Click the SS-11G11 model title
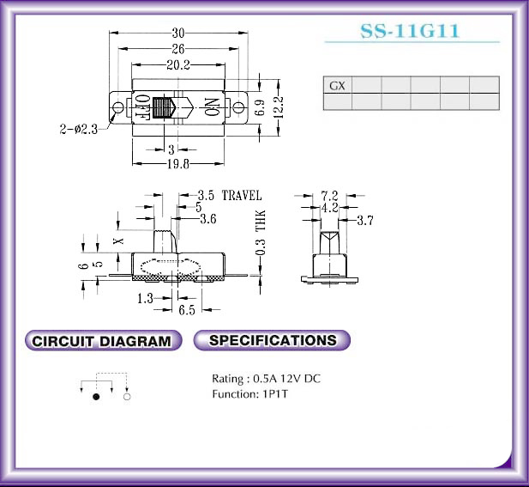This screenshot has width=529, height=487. (x=410, y=31)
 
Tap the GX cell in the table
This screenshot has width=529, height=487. (x=337, y=86)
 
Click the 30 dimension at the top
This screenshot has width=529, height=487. (x=178, y=33)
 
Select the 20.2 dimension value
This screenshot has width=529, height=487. (x=178, y=64)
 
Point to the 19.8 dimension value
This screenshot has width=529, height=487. (x=178, y=164)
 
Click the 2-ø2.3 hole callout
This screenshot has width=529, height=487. (x=79, y=129)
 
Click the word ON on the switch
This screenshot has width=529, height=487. (x=212, y=107)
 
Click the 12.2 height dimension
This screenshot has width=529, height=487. (x=279, y=107)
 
